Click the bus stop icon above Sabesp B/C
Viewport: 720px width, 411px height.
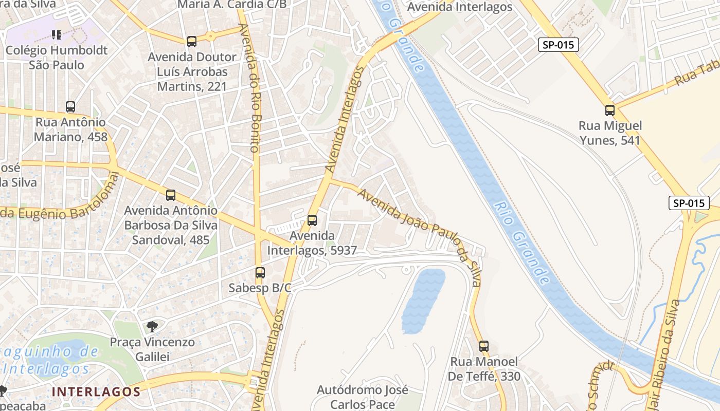click(x=260, y=273)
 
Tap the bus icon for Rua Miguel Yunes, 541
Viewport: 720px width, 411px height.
click(x=610, y=110)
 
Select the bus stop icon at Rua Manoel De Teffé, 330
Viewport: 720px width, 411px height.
click(x=483, y=346)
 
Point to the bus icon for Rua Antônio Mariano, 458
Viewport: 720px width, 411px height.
click(x=70, y=107)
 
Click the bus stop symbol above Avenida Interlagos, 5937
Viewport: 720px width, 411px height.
click(x=312, y=220)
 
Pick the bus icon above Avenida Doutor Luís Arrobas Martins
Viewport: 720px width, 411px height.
click(x=192, y=42)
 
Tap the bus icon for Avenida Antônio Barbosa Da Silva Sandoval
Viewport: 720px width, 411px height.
click(x=171, y=195)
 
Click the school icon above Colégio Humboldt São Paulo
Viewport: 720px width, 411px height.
click(x=57, y=35)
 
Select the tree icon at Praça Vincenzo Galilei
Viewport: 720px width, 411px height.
click(x=152, y=326)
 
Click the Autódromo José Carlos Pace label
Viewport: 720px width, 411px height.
click(x=363, y=397)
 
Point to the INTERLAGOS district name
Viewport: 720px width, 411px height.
click(x=96, y=391)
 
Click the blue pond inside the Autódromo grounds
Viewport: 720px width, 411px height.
click(x=423, y=300)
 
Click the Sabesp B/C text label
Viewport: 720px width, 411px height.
click(x=260, y=288)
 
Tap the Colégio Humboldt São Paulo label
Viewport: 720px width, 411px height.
click(x=57, y=58)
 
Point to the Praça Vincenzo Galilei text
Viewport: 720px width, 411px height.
click(x=152, y=349)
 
